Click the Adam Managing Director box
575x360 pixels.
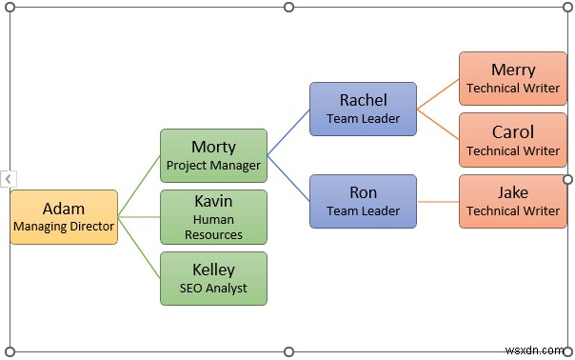pos(64,217)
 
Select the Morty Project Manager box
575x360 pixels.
pos(213,155)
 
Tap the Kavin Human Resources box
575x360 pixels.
pos(213,217)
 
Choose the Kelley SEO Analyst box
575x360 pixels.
pos(213,278)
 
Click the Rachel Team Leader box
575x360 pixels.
pos(363,109)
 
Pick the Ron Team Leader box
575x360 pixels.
pos(363,201)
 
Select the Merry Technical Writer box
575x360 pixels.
pos(512,78)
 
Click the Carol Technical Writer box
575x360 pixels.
pos(512,140)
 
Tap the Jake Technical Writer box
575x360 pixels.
pos(512,201)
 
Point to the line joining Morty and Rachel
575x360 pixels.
pos(288,131)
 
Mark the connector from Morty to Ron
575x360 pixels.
pos(288,178)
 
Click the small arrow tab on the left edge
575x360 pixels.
pos(8,179)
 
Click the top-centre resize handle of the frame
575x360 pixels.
pos(289,8)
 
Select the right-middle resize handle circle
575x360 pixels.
pos(568,179)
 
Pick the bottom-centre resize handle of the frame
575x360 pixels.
pos(289,350)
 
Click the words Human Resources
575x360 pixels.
pos(213,227)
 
